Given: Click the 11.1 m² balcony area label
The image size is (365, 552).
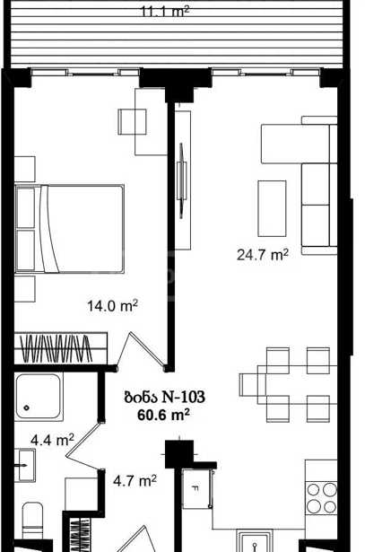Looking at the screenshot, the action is pos(165,12).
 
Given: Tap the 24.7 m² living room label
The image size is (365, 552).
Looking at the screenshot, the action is pos(263,254).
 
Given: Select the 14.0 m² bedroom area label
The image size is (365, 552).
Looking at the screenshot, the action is pos(112,305).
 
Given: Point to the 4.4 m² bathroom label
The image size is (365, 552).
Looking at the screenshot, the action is pos(52,440).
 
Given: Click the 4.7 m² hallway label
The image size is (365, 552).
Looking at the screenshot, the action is pos(135,480).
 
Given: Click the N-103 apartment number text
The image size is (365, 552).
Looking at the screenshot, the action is pos(183,397).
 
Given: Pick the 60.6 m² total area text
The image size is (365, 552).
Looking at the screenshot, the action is pos(163,415).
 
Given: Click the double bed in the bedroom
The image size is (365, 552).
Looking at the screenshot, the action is pos(69,229).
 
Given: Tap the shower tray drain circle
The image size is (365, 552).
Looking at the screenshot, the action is pos(27,408).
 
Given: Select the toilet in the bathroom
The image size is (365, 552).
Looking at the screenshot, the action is pos(32,521).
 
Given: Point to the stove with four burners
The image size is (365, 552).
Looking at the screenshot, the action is pos(321,498).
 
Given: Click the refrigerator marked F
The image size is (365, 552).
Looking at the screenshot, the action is pos(198,488).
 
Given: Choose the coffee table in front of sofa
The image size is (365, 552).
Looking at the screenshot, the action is pos(272,208).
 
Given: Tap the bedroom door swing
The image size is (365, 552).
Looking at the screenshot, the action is pos(143,351).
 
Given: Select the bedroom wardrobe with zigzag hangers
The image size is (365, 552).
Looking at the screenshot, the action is pos(60,348).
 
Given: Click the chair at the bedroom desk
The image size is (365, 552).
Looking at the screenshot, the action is pos(132,121).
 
